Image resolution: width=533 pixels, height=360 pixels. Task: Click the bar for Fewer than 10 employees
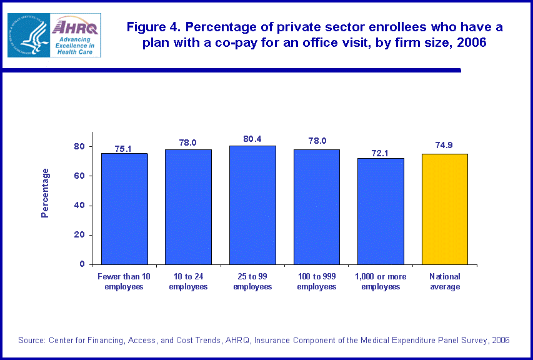point(124,209)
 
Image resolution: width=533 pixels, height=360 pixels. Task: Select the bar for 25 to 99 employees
point(252,205)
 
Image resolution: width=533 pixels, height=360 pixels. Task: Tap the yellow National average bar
point(445,209)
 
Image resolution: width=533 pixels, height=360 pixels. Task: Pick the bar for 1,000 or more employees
point(381,211)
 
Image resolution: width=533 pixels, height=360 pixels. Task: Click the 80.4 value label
point(252,139)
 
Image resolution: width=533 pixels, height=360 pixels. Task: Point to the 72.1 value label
point(381,152)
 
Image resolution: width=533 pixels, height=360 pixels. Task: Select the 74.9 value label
point(445,146)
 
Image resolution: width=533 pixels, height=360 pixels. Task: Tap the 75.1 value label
point(124,149)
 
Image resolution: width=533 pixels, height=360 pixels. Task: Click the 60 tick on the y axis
point(79,176)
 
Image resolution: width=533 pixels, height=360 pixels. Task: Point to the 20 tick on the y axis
point(79,235)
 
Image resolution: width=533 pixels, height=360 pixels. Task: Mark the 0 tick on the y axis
point(82,264)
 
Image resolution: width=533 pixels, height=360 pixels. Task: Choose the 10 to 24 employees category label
point(188,281)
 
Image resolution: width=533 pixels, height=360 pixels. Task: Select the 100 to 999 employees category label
point(316,281)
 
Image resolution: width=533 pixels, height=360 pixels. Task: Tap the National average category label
point(445,281)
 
